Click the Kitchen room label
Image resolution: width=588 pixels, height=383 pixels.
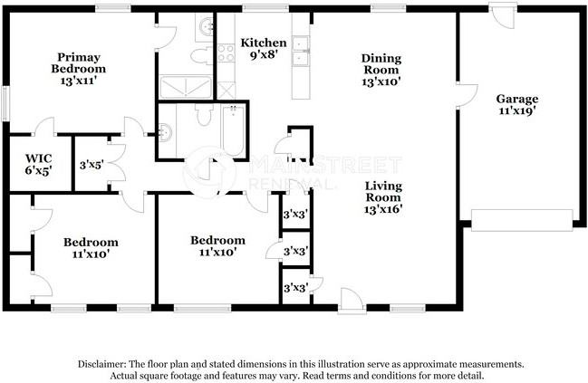[x=264, y=43]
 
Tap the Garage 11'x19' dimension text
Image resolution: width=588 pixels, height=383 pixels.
[x=517, y=111]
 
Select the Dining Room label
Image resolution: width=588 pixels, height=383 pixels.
[x=381, y=64]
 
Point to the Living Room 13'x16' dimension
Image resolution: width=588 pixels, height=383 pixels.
[x=383, y=209]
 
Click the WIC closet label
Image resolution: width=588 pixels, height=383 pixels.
[x=39, y=158]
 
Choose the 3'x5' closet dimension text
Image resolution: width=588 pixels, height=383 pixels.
[x=92, y=165]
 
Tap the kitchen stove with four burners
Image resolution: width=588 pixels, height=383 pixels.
[x=227, y=53]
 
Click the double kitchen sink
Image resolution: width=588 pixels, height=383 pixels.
[x=301, y=51]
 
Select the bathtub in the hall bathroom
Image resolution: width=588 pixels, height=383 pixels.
[x=233, y=130]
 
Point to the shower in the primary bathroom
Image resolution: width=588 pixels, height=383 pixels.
[x=186, y=87]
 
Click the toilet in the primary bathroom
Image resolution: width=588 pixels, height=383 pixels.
[x=202, y=55]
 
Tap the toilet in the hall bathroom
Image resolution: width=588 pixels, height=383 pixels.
[x=204, y=115]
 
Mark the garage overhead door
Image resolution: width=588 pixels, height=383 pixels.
[x=522, y=220]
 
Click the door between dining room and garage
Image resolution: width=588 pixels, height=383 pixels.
[x=468, y=96]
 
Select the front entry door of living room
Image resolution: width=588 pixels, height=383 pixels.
[x=352, y=301]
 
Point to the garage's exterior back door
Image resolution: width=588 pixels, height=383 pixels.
[x=503, y=15]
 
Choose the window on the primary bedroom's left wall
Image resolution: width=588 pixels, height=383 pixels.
[x=5, y=104]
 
